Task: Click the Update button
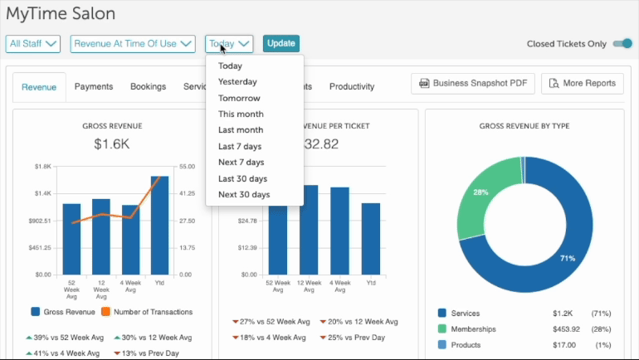point(281,44)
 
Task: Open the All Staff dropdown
point(33,44)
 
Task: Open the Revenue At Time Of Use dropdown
point(133,44)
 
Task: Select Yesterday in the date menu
point(237,82)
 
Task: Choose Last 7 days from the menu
point(240,147)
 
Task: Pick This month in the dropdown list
point(241,114)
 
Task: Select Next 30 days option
point(244,195)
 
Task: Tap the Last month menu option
point(241,130)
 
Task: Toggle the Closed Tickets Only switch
point(622,44)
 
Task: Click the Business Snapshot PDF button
point(471,84)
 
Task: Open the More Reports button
point(583,84)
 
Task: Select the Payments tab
point(94,86)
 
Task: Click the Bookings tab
point(148,86)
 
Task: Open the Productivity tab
point(352,86)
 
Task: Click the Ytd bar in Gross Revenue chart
point(160,225)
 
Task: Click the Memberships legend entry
point(473,329)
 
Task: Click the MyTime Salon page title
point(61,14)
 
